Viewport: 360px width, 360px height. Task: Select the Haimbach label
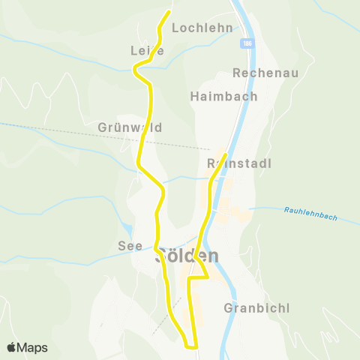pos(223,96)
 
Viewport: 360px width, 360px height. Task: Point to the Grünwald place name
pos(130,127)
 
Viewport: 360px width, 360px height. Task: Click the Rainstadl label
pos(238,163)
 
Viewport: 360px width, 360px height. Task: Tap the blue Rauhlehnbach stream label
pos(310,213)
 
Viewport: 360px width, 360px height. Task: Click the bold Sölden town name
pos(187,256)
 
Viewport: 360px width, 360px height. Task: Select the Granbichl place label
pos(256,308)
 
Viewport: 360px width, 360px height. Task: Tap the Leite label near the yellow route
pos(147,50)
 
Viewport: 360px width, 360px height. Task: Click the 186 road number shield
pos(246,45)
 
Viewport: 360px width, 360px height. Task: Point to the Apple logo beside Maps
pos(12,347)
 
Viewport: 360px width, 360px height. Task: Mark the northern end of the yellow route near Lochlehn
pos(168,12)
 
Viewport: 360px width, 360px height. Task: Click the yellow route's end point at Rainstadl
pos(225,155)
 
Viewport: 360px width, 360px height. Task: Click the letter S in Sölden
pos(160,256)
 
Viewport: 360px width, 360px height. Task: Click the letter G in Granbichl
pos(229,308)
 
